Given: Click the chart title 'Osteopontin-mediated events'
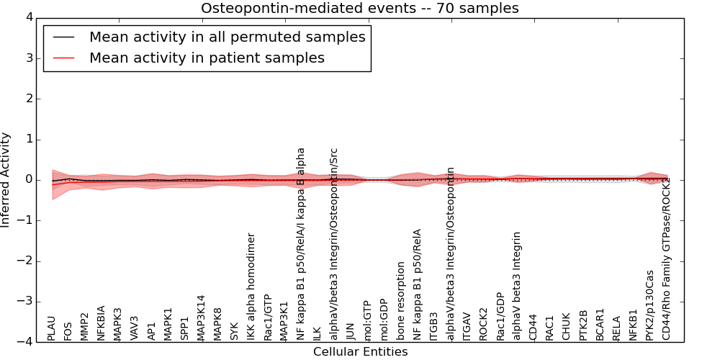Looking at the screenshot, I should pos(359,9).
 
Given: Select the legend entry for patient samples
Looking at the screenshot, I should pos(207,58).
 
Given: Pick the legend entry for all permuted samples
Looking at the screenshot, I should pos(227,37).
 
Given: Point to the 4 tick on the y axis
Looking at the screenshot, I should pos(32,17).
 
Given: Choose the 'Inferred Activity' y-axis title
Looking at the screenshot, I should pos(6,180).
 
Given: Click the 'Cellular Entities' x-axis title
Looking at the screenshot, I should pos(360,351).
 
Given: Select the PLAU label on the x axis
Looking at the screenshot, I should pos(51,328).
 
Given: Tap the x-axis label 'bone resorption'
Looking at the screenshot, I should pos(401,301).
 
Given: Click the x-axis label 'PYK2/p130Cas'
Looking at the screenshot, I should pos(649,305).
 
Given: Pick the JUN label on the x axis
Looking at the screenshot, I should pos(351,330).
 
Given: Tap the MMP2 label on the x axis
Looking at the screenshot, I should pos(84,326).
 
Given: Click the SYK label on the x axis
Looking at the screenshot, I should pos(234,331).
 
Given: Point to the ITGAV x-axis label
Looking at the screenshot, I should pos(467,326).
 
